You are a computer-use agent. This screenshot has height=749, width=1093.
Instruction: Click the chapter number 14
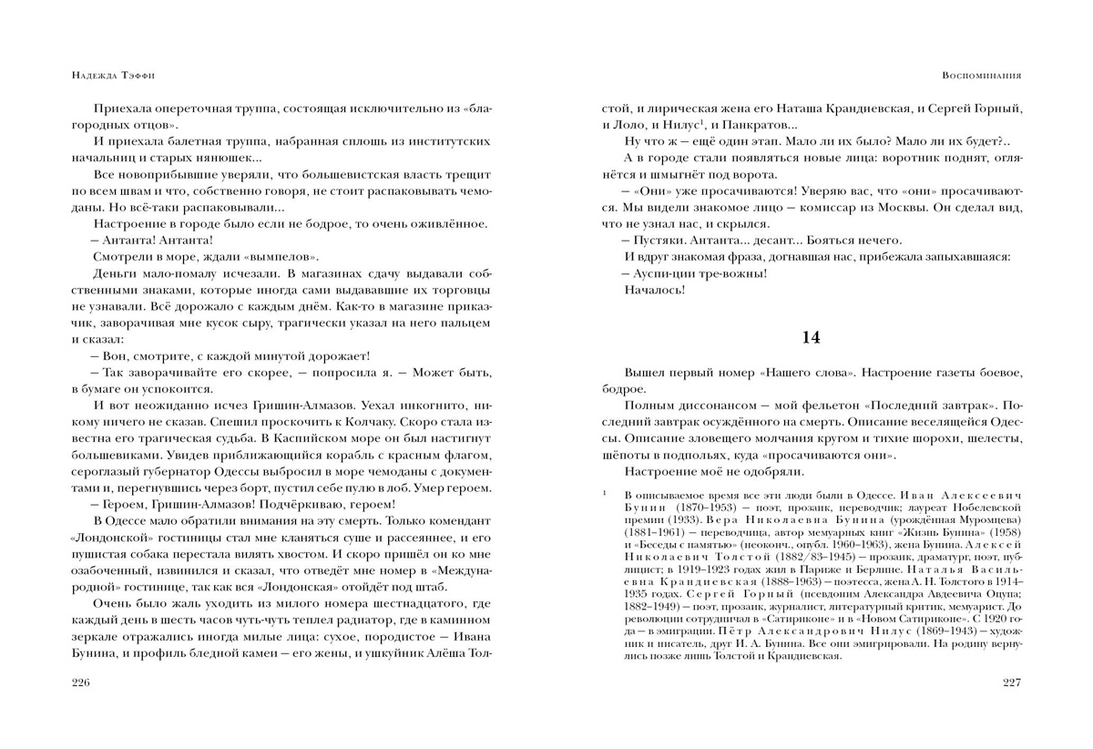click(x=811, y=337)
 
